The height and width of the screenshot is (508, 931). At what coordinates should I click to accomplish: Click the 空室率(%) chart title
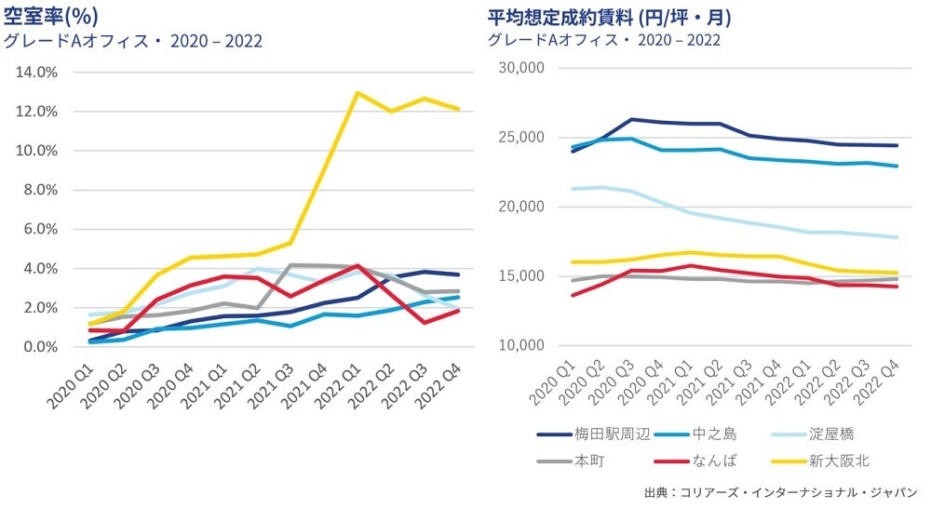pos(51,16)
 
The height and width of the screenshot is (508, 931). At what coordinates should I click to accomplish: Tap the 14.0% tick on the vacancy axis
pos(38,72)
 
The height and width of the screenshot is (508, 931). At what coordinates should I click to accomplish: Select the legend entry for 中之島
pos(713,434)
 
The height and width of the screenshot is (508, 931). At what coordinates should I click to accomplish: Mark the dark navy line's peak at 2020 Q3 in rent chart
pos(633,119)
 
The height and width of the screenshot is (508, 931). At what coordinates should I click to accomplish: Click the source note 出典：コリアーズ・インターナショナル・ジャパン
pos(780,491)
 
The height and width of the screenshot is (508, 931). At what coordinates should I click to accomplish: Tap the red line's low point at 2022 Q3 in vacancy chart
pos(423,323)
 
